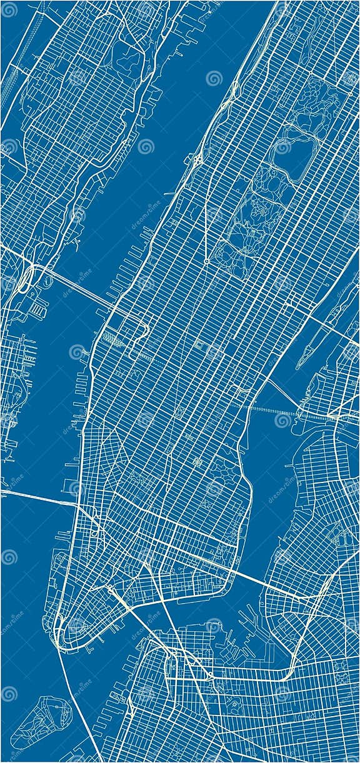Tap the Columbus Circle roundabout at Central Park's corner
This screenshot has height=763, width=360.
pos(206,261)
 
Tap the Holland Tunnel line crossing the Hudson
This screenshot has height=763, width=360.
pos(37,497)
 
